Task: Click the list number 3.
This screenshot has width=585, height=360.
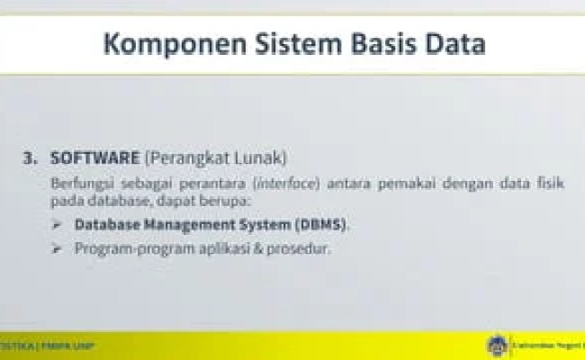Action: coord(30,158)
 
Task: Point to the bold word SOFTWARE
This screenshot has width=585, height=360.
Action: coord(94,158)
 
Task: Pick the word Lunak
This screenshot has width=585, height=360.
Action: coord(261,158)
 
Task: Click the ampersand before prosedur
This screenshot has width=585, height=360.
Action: coord(256,247)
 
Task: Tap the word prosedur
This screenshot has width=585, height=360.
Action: coord(298,247)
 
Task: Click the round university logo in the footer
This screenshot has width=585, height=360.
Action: coord(496,346)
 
